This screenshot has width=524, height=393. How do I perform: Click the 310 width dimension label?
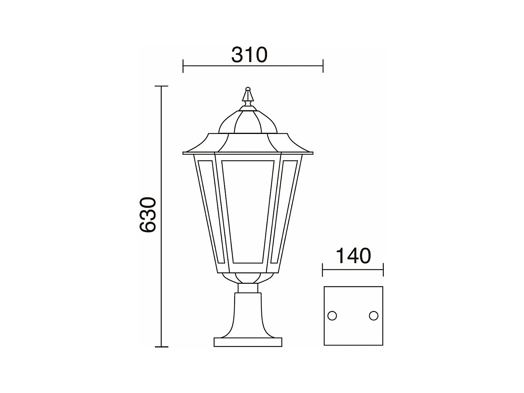(249, 55)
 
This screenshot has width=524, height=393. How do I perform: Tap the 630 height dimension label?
(148, 215)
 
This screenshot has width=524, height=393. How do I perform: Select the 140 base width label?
(353, 256)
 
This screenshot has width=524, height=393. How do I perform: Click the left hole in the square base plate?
(332, 316)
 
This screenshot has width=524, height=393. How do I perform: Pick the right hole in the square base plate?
(373, 316)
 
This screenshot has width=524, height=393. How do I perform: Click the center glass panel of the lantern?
(248, 212)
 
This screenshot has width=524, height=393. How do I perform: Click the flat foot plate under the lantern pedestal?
(248, 342)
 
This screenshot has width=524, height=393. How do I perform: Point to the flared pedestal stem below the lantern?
(248, 315)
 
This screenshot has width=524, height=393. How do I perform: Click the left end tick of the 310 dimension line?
(183, 66)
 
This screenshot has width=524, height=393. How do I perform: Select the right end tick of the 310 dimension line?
(323, 66)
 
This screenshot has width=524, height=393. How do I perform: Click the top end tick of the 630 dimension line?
(161, 86)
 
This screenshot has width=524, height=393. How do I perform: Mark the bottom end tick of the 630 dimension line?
(161, 347)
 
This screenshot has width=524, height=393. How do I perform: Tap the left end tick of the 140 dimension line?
(323, 270)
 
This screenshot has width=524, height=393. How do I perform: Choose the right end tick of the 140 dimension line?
(383, 270)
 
